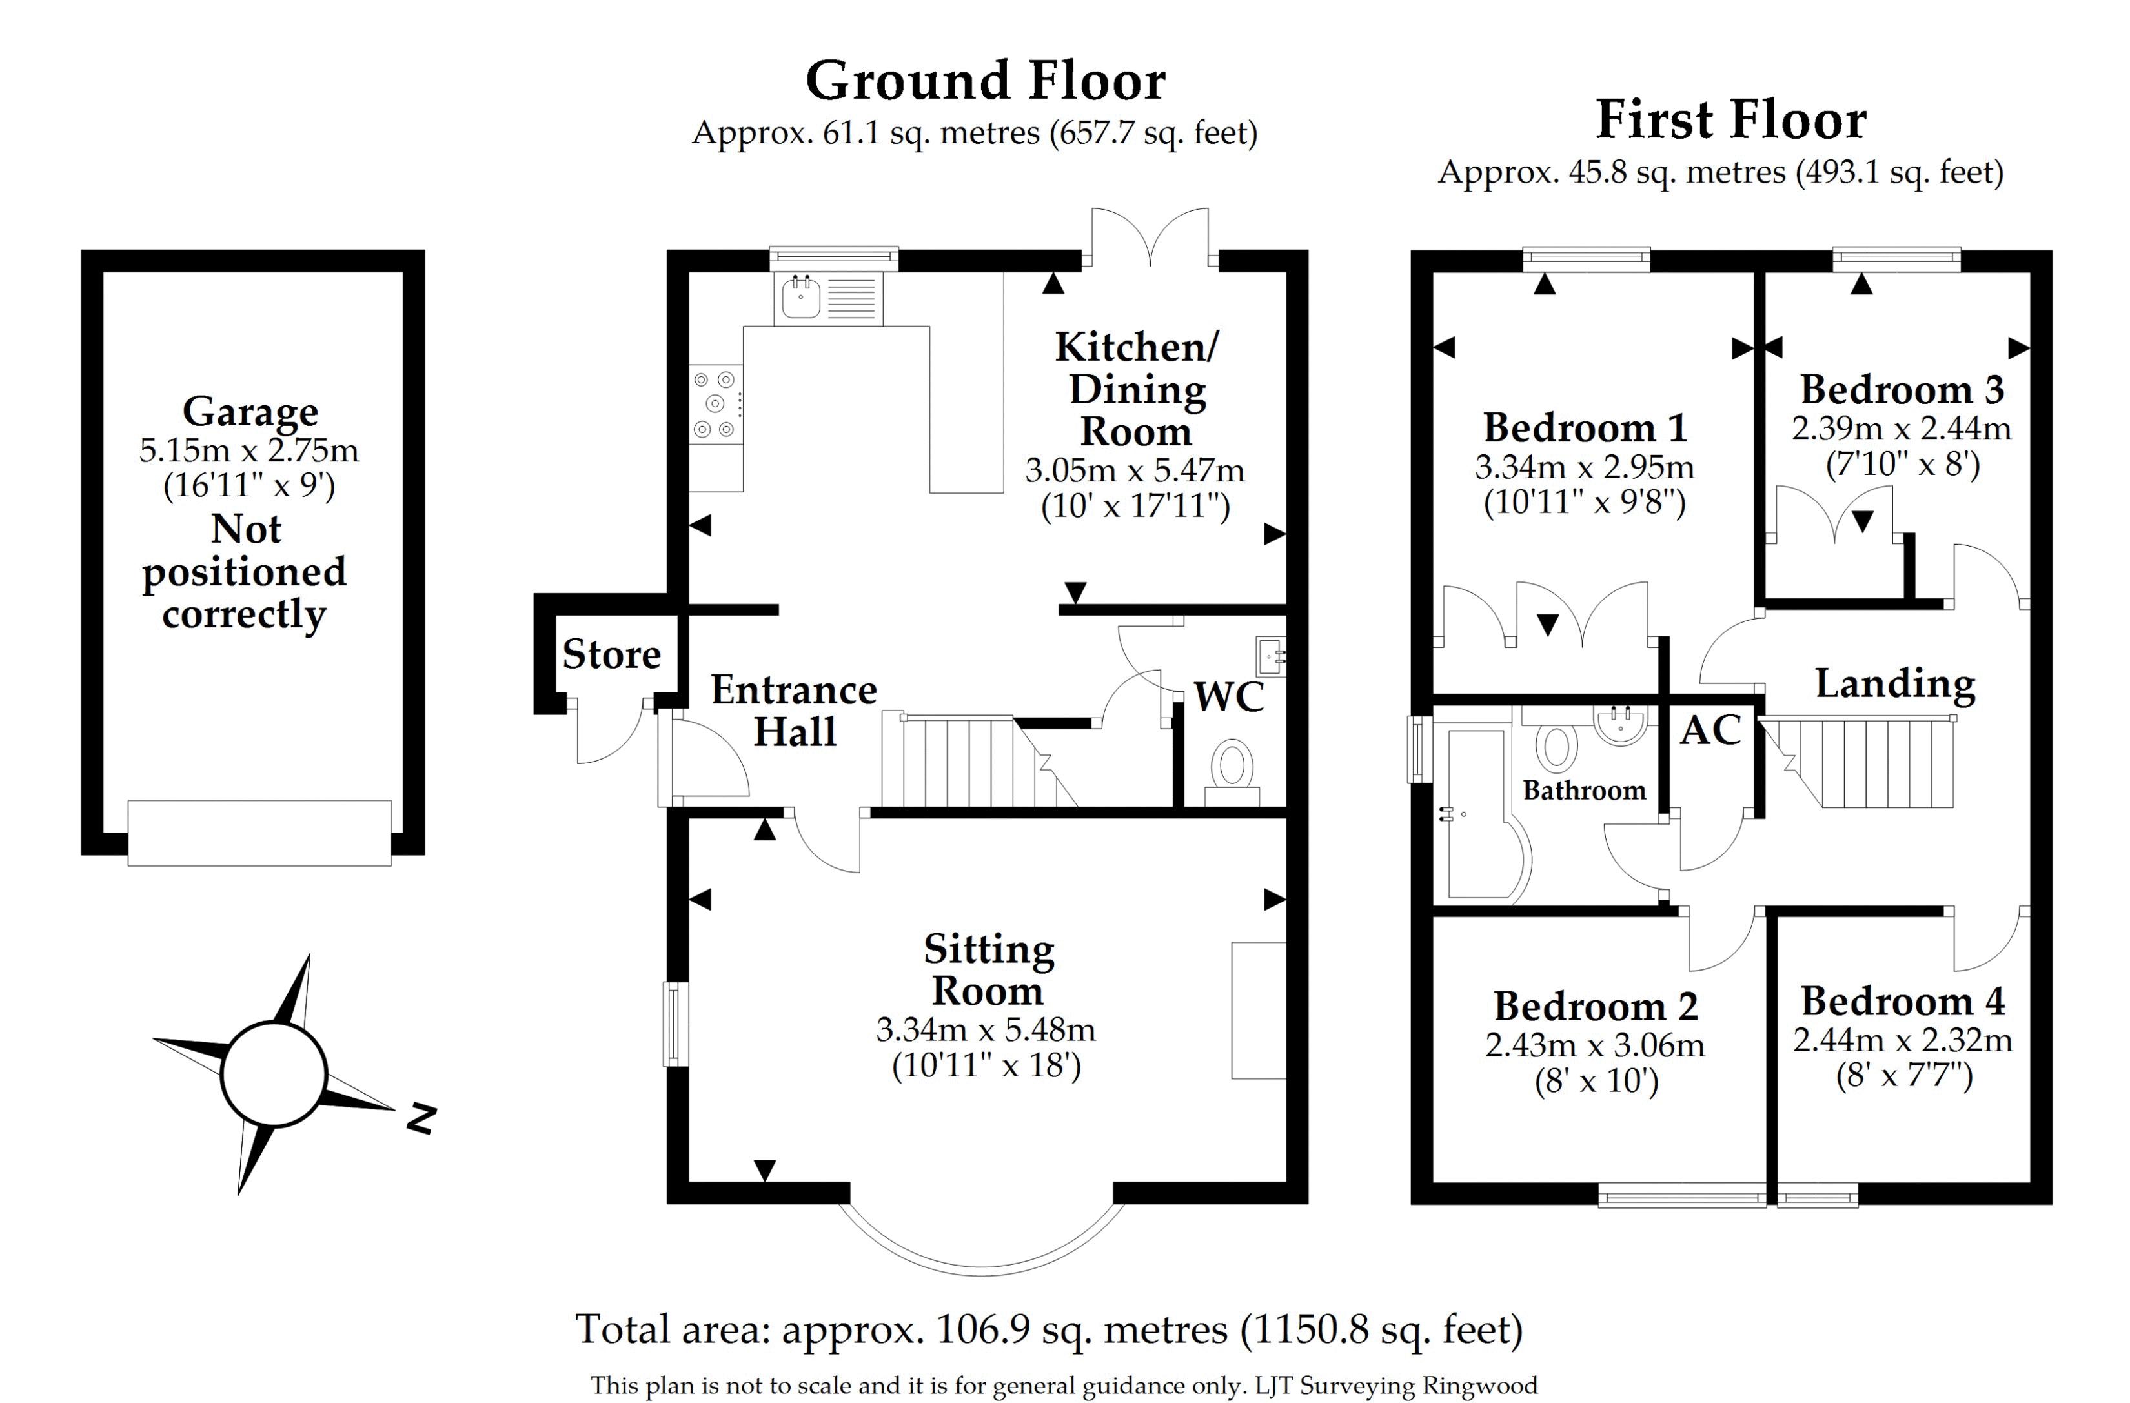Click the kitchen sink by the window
(829, 298)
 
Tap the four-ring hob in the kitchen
(716, 405)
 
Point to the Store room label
(611, 654)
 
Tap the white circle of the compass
(273, 1074)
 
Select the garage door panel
(259, 833)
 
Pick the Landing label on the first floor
(1894, 685)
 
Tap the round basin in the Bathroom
(1621, 723)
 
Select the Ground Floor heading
(986, 81)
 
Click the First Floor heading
(1731, 120)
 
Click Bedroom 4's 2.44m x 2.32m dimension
(1903, 1039)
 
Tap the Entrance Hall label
(794, 711)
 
